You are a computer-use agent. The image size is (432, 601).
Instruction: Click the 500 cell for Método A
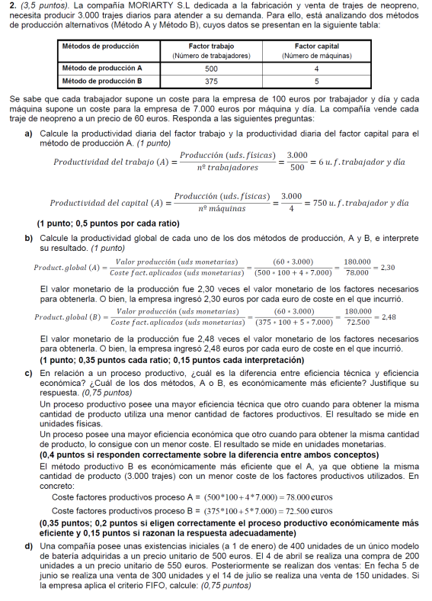(211, 68)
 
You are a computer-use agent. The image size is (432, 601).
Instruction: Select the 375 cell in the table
(211, 80)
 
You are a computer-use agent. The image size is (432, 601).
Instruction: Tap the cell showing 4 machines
(315, 68)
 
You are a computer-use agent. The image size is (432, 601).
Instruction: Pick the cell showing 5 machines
(315, 80)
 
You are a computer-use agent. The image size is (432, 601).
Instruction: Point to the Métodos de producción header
(101, 47)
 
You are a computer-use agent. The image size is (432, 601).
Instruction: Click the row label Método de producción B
(103, 80)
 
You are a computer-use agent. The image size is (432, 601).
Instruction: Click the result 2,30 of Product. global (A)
(386, 268)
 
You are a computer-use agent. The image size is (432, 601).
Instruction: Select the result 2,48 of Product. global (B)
(388, 317)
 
